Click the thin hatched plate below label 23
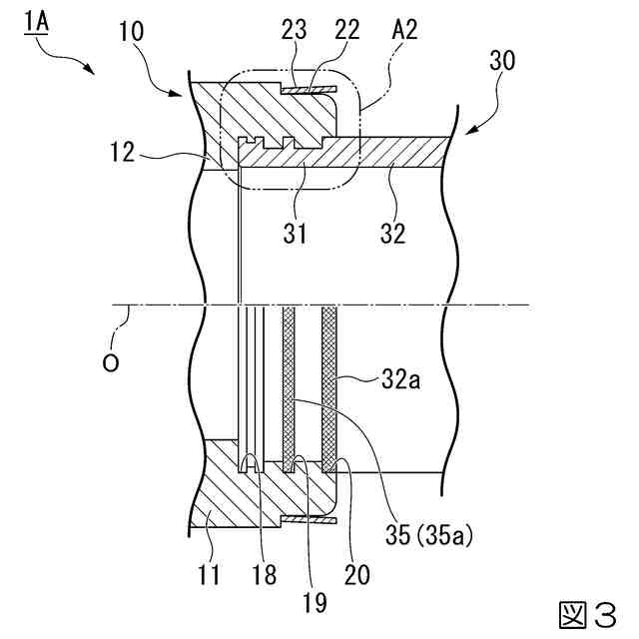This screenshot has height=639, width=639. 310,89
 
